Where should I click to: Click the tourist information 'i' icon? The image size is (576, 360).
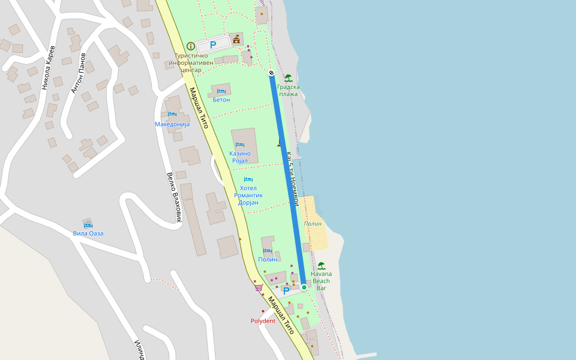191,46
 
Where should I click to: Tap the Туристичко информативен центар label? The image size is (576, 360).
191,62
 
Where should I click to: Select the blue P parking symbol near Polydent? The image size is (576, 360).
286,291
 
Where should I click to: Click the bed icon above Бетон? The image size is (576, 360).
221,91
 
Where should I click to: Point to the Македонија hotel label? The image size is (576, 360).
172,124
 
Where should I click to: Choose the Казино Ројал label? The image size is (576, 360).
240,157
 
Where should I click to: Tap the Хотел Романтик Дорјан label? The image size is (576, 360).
248,195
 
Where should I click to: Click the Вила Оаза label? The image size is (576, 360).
88,233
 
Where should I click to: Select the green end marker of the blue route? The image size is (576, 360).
304,287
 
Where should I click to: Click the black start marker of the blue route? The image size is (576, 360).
272,73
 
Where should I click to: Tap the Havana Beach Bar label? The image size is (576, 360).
322,281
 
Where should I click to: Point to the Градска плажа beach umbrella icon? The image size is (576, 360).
289,78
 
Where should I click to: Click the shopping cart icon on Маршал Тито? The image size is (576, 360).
259,287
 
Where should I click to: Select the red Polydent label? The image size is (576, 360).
263,321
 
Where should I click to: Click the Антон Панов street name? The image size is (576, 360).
78,73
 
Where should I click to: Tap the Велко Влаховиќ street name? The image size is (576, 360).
173,198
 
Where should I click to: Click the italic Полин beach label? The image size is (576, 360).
313,224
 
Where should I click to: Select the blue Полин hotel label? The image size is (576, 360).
268,259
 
